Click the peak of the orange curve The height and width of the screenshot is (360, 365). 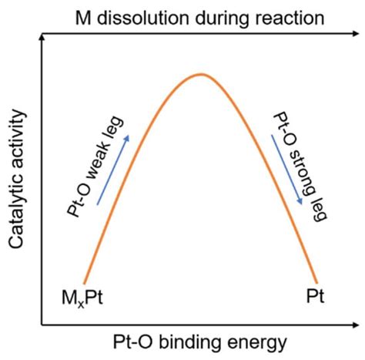[201, 74]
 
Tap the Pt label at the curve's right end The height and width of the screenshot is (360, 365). [314, 298]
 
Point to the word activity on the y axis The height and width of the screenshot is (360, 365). [18, 136]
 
